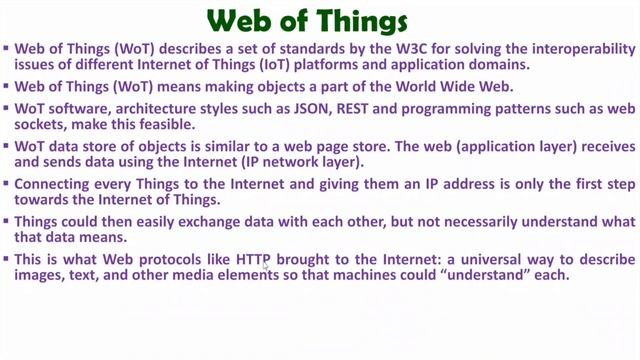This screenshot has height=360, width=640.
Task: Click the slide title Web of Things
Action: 320,19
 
